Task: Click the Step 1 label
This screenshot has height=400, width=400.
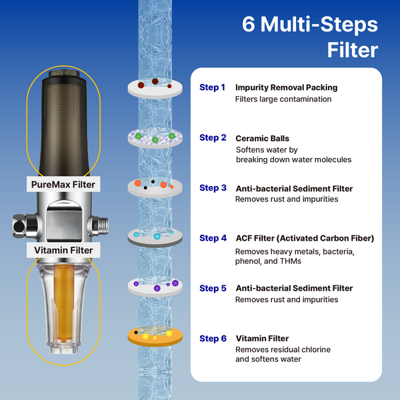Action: pos(213,87)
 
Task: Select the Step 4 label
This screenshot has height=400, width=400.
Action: pos(213,238)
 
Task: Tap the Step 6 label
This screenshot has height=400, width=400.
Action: pos(213,339)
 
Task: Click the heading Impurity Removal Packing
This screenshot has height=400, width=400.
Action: pos(286,87)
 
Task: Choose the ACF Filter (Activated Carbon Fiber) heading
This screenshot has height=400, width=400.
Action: pos(305,238)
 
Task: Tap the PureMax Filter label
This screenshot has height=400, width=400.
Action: pos(63,184)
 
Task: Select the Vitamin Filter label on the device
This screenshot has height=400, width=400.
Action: pos(63,251)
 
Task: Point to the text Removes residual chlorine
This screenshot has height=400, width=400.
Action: pos(283,349)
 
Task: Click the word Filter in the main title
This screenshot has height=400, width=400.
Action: pos(352,50)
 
